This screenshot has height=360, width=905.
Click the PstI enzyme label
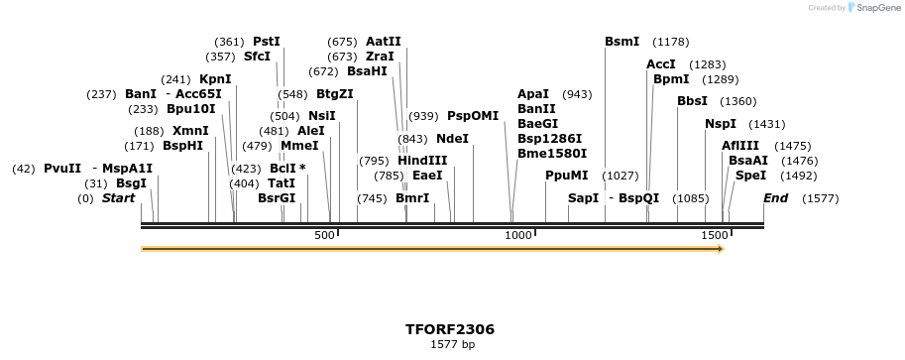(x=267, y=42)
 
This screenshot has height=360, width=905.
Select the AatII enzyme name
(x=383, y=42)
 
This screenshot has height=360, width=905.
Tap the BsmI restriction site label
(x=622, y=42)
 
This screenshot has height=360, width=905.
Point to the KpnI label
(x=215, y=79)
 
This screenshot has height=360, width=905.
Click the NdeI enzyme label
(x=452, y=139)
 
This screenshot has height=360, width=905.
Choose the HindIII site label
(x=422, y=161)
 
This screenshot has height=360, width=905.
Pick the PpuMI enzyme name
(x=566, y=175)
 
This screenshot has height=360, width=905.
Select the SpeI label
(x=750, y=176)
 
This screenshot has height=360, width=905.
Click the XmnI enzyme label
(x=190, y=131)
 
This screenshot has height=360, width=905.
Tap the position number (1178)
(x=670, y=42)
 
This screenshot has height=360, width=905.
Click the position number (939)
(x=423, y=116)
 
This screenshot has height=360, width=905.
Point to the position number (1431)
(x=766, y=124)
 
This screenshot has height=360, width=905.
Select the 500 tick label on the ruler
(x=324, y=235)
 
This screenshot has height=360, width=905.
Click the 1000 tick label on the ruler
(x=518, y=235)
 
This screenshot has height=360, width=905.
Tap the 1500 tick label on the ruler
(x=714, y=235)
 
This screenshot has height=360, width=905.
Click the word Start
(x=118, y=198)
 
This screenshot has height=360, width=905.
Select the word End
(x=775, y=198)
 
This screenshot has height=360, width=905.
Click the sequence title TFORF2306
(x=450, y=329)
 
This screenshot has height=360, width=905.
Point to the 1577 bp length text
(x=452, y=345)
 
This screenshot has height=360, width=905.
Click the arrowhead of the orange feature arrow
(x=720, y=249)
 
